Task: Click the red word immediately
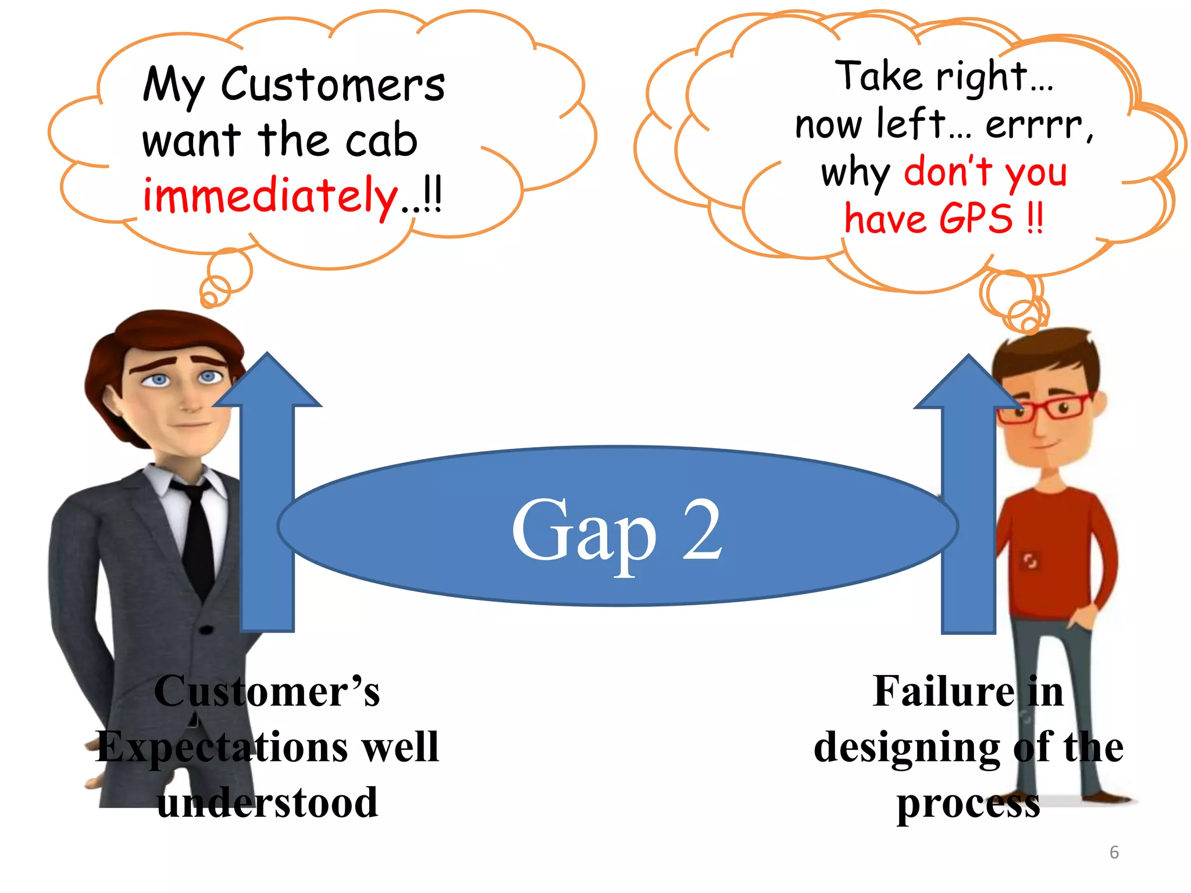[271, 196]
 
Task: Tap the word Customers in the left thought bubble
[333, 85]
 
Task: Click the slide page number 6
[1114, 852]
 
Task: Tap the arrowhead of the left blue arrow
[267, 381]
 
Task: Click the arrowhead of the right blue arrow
[968, 383]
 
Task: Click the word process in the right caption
[968, 803]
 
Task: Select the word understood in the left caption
[268, 802]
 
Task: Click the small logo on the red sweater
[1030, 561]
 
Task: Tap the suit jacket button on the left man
[206, 630]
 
